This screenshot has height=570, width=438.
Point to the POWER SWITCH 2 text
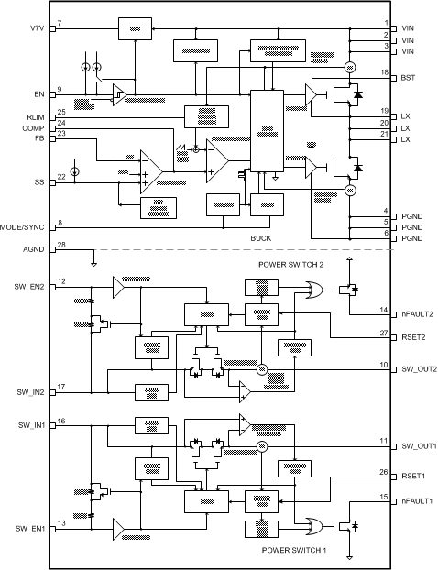290,264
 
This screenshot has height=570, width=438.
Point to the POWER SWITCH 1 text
290,551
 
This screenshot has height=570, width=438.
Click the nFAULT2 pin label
417,313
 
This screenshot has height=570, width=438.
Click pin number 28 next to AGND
61,245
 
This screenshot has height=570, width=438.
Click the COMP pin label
34,127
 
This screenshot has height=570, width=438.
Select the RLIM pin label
35,117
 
